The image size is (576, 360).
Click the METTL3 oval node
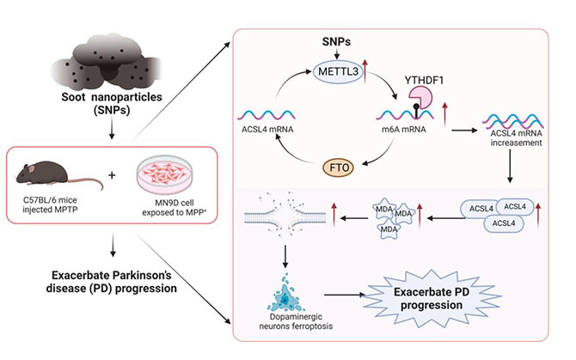[x=336, y=71]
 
